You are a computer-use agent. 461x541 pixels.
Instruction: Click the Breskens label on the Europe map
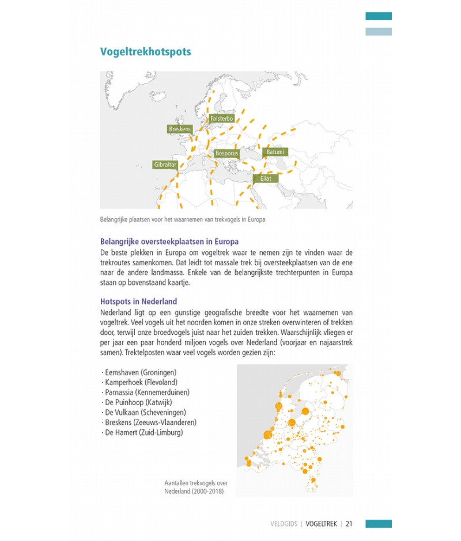pos(179,129)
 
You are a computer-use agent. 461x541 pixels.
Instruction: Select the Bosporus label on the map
pos(226,154)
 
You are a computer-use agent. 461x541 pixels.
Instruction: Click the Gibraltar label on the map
pos(165,165)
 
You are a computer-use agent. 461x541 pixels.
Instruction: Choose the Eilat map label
pos(265,179)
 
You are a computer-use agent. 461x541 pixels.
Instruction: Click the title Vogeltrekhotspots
pos(145,52)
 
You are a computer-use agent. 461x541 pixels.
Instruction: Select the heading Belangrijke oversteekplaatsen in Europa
pos(169,242)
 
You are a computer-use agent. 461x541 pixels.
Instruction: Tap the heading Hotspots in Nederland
pos(138,302)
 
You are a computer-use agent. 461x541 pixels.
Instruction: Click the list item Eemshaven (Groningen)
pos(138,372)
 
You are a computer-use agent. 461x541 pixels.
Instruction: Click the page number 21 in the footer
pos(349,524)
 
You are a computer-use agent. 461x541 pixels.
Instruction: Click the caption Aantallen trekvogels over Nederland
pos(194,487)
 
